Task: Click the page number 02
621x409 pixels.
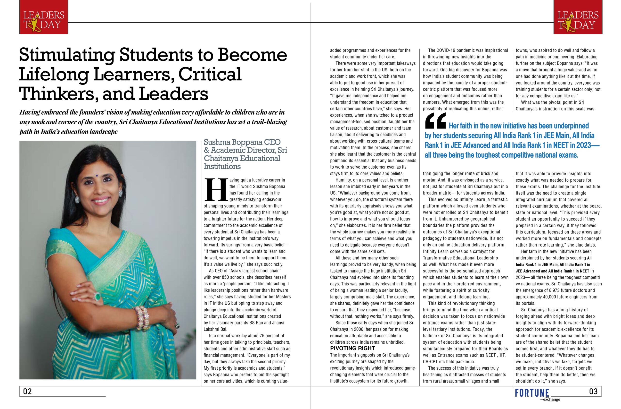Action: point(27,391)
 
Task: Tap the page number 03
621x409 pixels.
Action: point(593,391)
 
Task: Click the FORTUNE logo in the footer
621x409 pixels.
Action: point(532,393)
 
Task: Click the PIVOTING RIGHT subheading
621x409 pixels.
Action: point(352,348)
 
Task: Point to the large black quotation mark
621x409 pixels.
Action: point(435,121)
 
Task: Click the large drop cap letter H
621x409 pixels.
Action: point(216,190)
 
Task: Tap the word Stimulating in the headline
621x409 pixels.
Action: point(67,55)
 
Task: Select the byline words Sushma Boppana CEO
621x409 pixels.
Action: point(242,142)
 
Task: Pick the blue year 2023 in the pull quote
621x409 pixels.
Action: point(582,145)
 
